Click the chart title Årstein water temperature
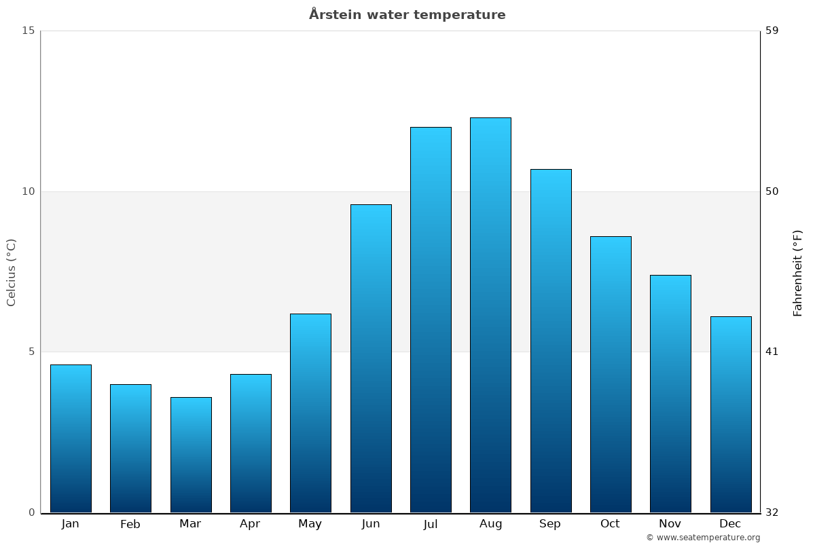click(407, 15)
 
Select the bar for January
click(71, 438)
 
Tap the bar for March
click(191, 455)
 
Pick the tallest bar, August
click(490, 315)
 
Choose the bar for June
click(371, 358)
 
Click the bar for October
click(611, 374)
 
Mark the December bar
click(731, 414)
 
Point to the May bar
click(310, 413)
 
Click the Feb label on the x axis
click(130, 524)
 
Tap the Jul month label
click(431, 524)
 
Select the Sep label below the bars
click(550, 524)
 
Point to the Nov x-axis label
click(670, 524)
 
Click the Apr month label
click(250, 524)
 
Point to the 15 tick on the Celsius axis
click(28, 31)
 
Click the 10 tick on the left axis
click(28, 191)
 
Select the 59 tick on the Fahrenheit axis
click(772, 31)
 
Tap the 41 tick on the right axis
click(772, 352)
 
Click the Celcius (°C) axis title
click(12, 272)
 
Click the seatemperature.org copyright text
click(703, 538)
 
